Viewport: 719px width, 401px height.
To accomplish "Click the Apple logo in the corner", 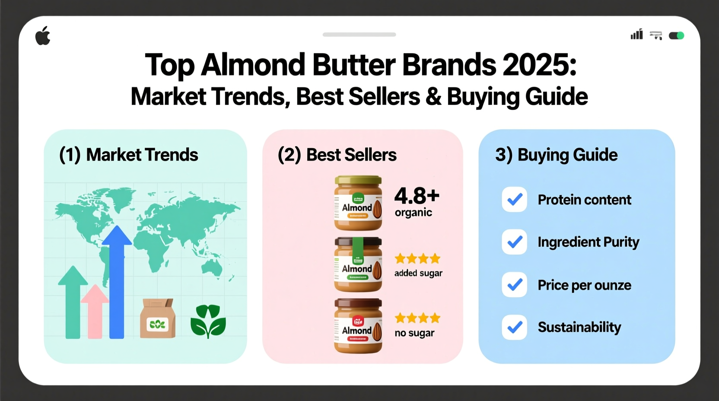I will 43,36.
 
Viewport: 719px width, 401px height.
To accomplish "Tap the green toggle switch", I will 676,35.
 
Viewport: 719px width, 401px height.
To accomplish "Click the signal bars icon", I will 636,35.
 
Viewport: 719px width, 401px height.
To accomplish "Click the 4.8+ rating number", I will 417,196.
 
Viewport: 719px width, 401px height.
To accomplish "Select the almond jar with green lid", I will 358,203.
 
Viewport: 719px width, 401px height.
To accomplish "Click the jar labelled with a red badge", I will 358,326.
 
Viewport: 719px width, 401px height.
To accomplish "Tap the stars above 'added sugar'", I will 417,259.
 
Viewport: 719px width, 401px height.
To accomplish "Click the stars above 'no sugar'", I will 417,318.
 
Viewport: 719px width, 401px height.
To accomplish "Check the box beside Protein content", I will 514,200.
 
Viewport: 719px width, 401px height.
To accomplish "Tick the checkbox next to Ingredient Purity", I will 514,242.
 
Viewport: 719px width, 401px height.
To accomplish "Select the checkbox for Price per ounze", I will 514,285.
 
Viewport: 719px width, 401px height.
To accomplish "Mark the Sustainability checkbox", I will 514,327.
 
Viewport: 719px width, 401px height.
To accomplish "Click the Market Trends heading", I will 129,155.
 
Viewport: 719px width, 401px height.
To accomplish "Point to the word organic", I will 413,213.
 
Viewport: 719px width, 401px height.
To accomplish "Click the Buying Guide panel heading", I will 557,155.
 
